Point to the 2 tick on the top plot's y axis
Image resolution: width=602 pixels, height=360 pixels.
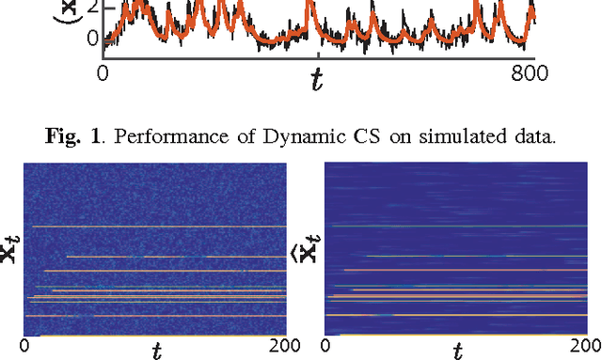(x=91, y=8)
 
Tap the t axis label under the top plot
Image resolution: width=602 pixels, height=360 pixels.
(x=317, y=80)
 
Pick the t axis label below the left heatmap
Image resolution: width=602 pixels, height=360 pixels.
(x=156, y=351)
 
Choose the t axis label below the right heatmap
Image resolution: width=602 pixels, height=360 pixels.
(x=456, y=351)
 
